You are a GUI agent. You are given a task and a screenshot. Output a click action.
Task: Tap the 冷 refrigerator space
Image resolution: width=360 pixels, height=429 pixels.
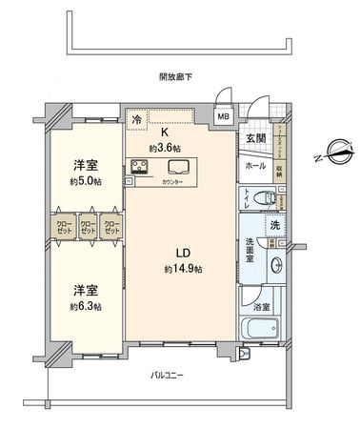pos(137,119)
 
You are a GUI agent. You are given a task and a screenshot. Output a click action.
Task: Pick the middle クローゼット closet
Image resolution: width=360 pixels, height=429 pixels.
pos(88,229)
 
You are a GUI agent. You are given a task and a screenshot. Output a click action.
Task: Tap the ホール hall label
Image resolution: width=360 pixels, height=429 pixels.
pos(255,165)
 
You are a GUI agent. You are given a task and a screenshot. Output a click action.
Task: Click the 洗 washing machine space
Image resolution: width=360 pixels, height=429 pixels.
pos(274,225)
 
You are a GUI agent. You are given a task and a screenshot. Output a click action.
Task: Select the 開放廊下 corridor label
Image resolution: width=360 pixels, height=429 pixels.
pos(175,76)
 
